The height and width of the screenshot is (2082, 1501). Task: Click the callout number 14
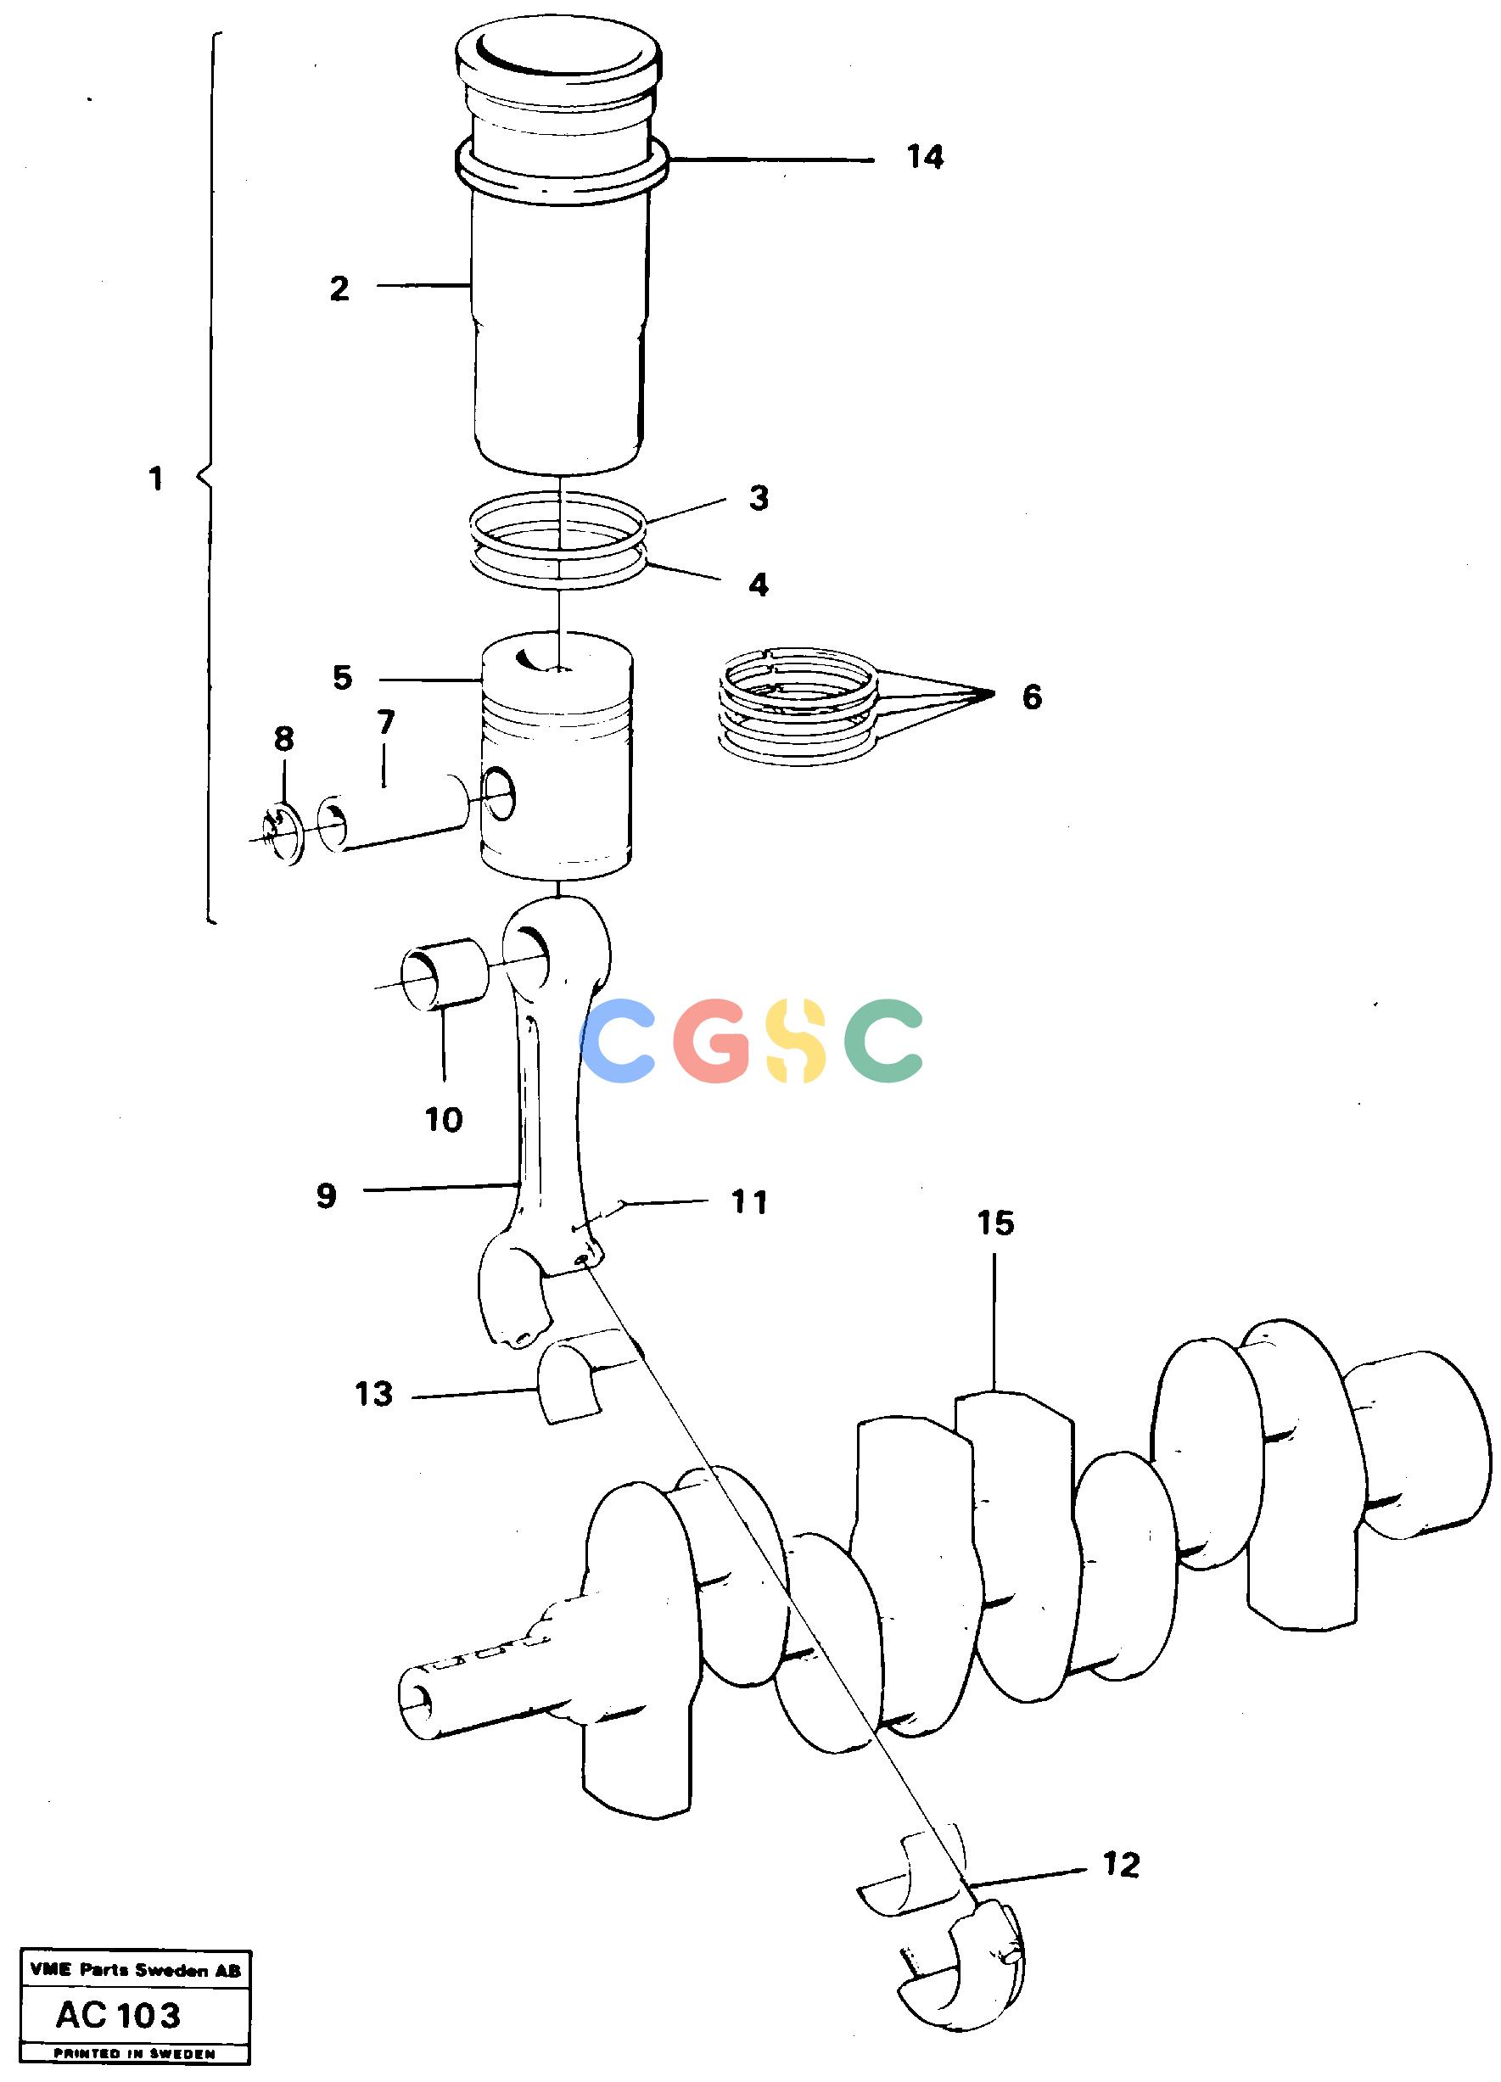pyautogui.click(x=925, y=158)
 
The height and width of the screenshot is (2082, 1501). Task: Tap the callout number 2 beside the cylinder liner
pyautogui.click(x=339, y=289)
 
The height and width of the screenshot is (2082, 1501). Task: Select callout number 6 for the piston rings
pyautogui.click(x=1032, y=697)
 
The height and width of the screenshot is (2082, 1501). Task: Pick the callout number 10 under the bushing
pyautogui.click(x=445, y=1119)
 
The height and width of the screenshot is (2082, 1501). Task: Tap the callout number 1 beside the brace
pyautogui.click(x=156, y=479)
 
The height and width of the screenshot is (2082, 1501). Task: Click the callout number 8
pyautogui.click(x=283, y=739)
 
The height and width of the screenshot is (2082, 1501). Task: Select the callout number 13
pyautogui.click(x=374, y=1395)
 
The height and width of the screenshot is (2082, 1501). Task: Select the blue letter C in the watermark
pyautogui.click(x=619, y=1039)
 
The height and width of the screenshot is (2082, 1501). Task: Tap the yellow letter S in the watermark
pyautogui.click(x=797, y=1039)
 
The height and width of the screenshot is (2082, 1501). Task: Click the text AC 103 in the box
pyautogui.click(x=119, y=2015)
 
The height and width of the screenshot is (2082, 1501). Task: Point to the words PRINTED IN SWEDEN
pyautogui.click(x=134, y=2053)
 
